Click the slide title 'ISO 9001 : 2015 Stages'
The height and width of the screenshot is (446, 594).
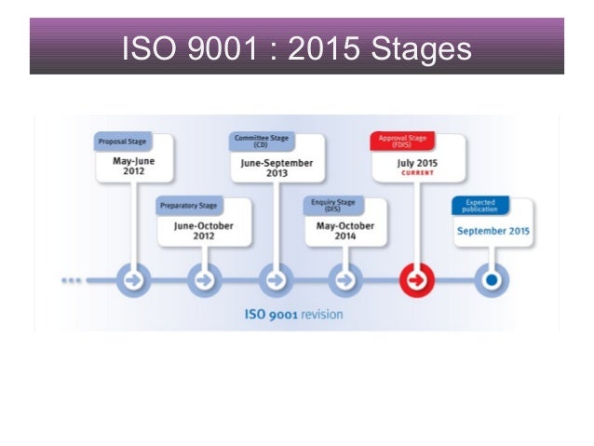296,47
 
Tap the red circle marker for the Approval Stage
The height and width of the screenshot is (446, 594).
416,279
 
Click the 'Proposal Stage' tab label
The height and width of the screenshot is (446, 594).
120,142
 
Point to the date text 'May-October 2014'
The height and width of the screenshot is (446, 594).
344,230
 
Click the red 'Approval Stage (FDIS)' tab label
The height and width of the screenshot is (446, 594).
402,141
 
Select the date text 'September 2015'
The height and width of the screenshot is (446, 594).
493,230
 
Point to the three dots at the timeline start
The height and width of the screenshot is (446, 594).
74,279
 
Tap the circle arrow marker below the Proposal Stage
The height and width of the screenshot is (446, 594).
134,279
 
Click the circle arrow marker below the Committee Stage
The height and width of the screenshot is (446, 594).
275,279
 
